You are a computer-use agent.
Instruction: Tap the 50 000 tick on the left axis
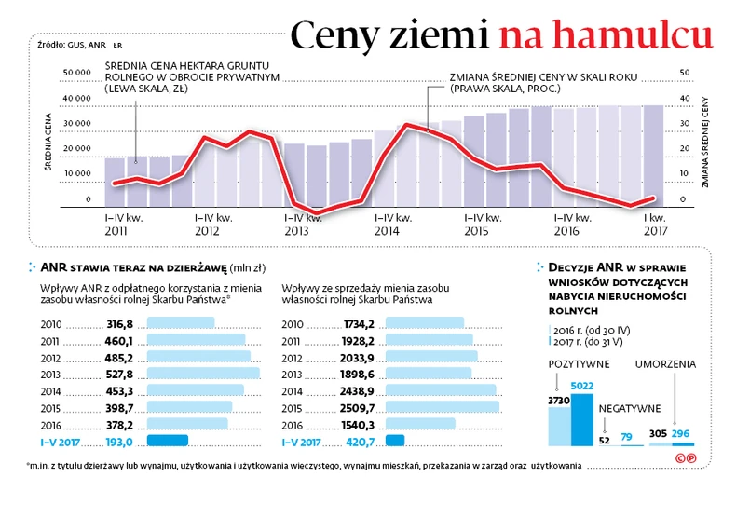[77, 72]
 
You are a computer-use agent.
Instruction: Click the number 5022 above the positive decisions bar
[581, 386]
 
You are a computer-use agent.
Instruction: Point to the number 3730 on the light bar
[558, 401]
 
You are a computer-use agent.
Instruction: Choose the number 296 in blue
[681, 434]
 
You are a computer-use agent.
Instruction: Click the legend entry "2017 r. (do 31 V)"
[593, 342]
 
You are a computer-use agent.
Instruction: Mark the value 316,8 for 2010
[120, 323]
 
